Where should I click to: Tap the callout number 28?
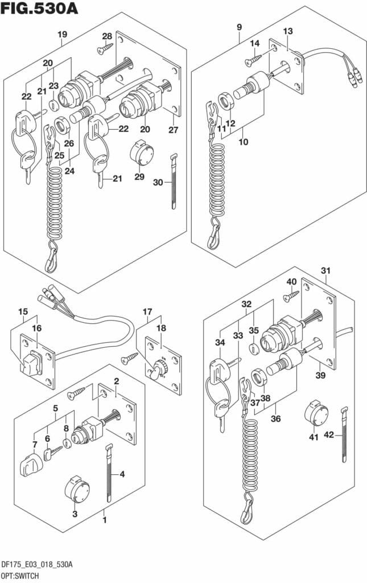click(x=106, y=37)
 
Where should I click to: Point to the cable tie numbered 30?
click(x=174, y=182)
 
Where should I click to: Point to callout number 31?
click(x=325, y=270)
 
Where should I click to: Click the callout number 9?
click(x=239, y=27)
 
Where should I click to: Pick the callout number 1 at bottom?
click(x=104, y=519)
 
